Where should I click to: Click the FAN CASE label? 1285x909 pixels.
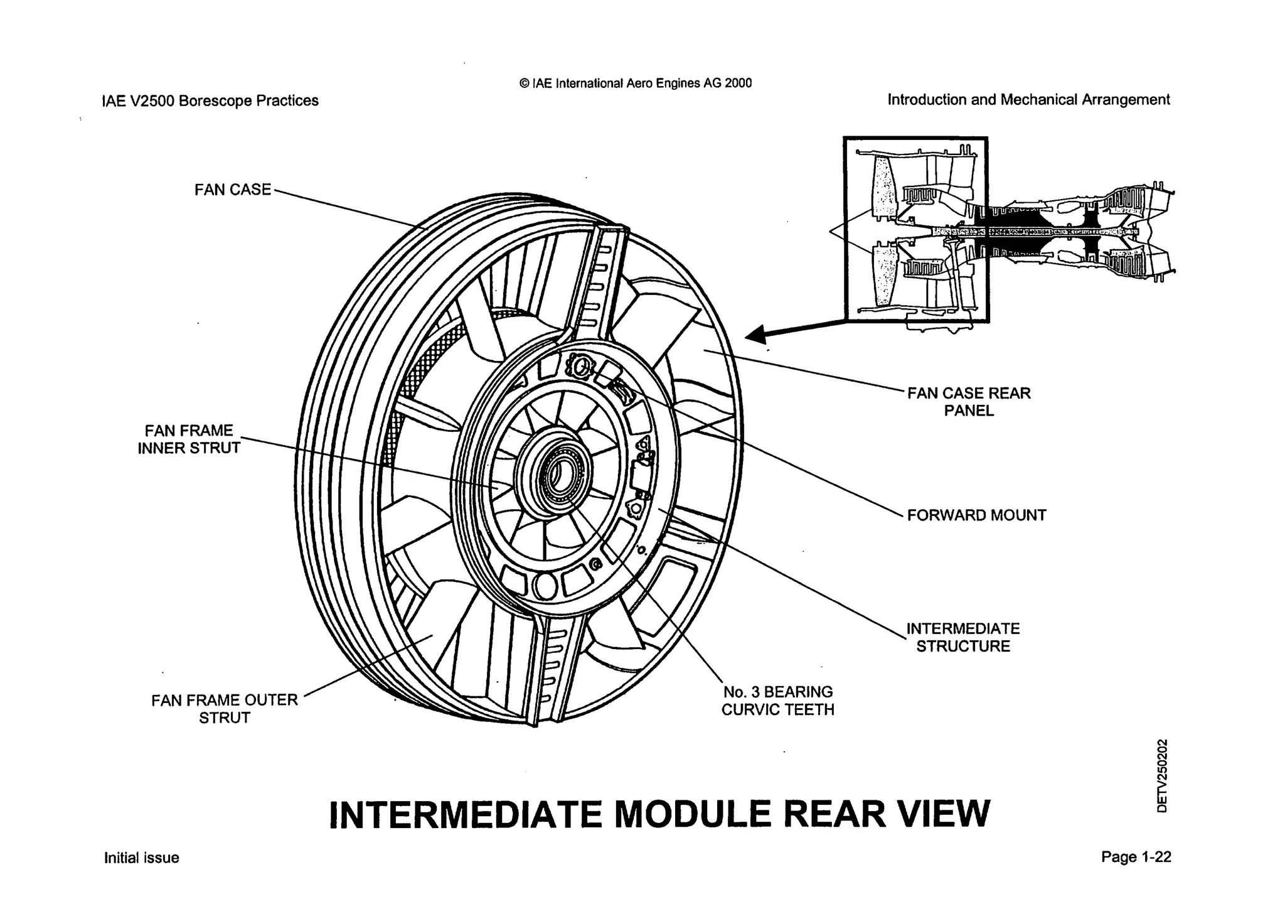pyautogui.click(x=232, y=190)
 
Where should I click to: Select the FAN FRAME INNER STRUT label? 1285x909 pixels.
pyautogui.click(x=189, y=439)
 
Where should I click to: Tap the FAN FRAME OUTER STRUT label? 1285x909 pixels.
pyautogui.click(x=224, y=709)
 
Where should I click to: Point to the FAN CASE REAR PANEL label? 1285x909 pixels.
pyautogui.click(x=969, y=402)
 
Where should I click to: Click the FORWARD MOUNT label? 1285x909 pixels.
pyautogui.click(x=976, y=515)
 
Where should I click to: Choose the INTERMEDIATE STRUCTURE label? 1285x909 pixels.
pyautogui.click(x=963, y=637)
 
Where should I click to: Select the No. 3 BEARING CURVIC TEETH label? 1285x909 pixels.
pyautogui.click(x=777, y=701)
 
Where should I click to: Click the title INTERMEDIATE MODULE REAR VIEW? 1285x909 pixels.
pyautogui.click(x=659, y=814)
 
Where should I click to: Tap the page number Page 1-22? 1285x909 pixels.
pyautogui.click(x=1136, y=857)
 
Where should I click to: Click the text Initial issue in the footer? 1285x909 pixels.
pyautogui.click(x=142, y=858)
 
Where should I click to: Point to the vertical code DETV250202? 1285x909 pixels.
pyautogui.click(x=1163, y=776)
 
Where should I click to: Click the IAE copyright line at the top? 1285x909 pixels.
pyautogui.click(x=636, y=83)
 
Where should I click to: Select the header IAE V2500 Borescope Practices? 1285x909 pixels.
pyautogui.click(x=210, y=100)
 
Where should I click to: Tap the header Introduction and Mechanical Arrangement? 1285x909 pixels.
pyautogui.click(x=1028, y=100)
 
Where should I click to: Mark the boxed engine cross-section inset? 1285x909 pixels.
pyautogui.click(x=915, y=229)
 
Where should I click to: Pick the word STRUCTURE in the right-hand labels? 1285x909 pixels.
pyautogui.click(x=963, y=647)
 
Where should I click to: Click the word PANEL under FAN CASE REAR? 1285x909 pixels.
pyautogui.click(x=969, y=411)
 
